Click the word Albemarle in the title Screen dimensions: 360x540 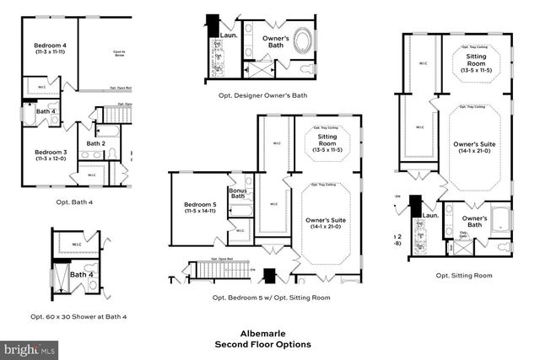(262, 332)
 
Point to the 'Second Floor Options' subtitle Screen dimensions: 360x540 (262, 344)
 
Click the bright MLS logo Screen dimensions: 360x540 (30, 347)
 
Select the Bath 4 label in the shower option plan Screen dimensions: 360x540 (81, 274)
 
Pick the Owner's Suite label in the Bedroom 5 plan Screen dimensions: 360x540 (326, 224)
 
